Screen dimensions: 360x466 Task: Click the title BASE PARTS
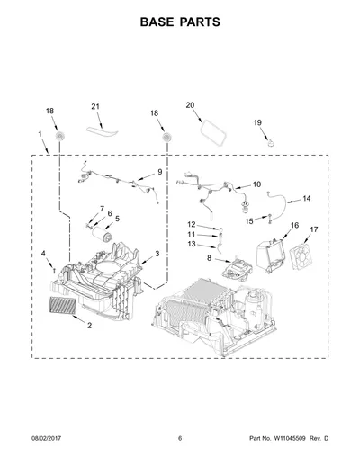[x=180, y=22]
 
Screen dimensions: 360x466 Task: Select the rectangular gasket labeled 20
[x=212, y=132]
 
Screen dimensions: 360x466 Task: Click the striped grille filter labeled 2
[x=63, y=305]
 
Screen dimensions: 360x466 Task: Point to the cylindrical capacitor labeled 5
[x=102, y=235]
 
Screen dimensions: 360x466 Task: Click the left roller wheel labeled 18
[x=60, y=137]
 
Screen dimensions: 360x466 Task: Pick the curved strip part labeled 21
[x=102, y=132]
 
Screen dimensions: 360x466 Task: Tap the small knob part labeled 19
[x=271, y=142]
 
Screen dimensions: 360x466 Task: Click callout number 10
[x=256, y=184]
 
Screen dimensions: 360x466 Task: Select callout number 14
[x=306, y=198]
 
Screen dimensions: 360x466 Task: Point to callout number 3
[x=157, y=254]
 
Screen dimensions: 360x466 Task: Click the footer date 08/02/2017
[x=46, y=438]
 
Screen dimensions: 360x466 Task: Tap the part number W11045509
[x=289, y=438]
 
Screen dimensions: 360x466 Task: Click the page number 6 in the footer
[x=180, y=438]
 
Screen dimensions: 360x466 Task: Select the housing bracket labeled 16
[x=270, y=255]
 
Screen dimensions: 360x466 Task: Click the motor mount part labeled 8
[x=237, y=269]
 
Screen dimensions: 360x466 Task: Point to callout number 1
[x=40, y=134]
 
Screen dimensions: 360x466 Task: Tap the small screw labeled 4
[x=54, y=272]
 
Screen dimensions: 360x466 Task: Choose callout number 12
[x=192, y=224]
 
